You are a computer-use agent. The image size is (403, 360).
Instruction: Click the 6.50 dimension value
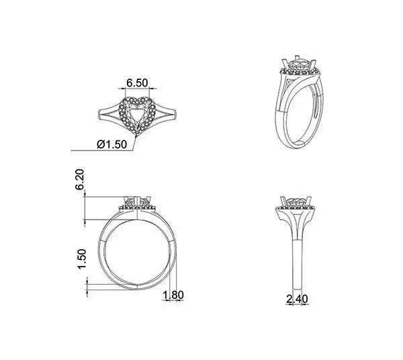138,82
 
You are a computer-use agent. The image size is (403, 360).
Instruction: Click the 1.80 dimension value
173,294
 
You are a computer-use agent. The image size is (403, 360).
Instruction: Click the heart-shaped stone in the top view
139,113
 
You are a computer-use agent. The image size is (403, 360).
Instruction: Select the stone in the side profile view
296,201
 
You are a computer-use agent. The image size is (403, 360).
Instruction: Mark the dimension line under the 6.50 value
138,89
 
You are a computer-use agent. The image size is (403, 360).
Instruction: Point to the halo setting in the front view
138,209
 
